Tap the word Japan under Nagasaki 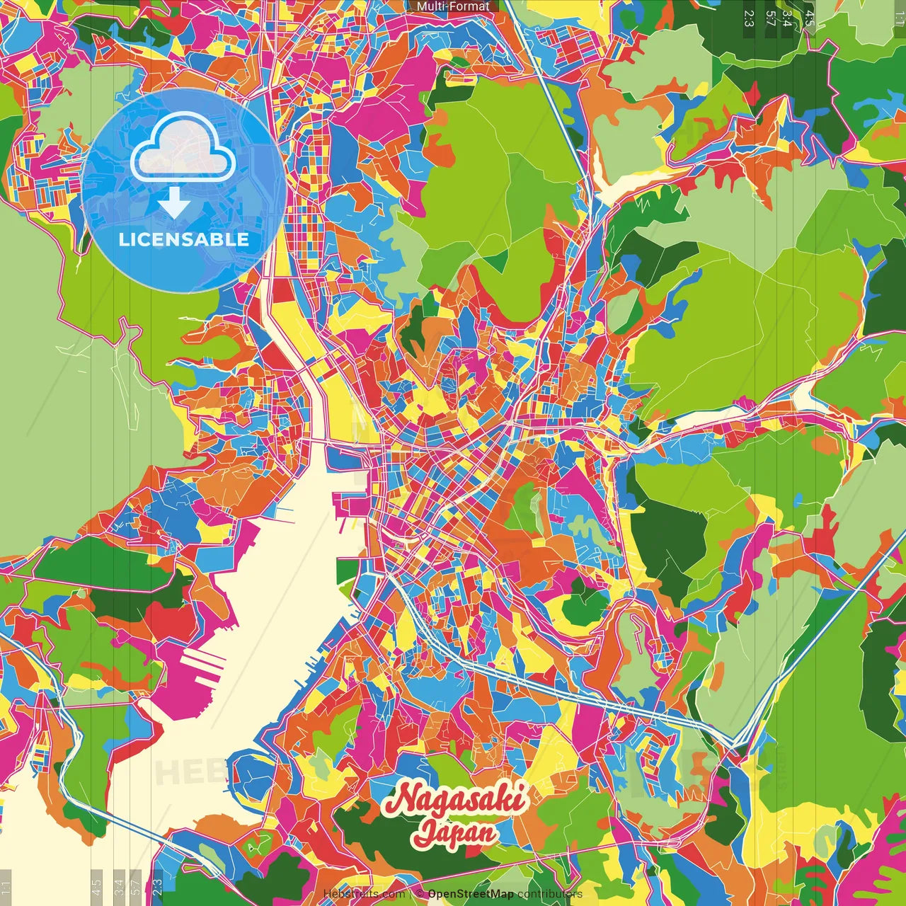[455, 832]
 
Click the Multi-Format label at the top [453, 6]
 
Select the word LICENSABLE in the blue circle [184, 239]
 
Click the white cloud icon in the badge [183, 147]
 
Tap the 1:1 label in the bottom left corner [6, 887]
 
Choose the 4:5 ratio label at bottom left [96, 887]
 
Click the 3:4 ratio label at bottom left [119, 887]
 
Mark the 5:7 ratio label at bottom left [136, 887]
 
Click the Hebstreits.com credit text [364, 894]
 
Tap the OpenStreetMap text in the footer [471, 894]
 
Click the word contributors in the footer [549, 894]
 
